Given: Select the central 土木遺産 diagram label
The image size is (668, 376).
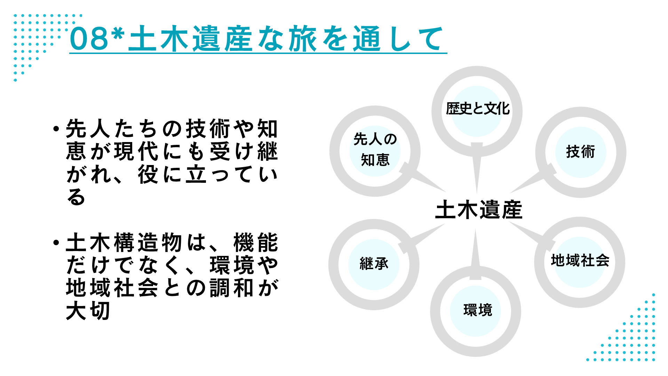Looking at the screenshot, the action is point(478,210).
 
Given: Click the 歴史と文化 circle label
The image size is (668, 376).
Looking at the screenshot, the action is point(478,109).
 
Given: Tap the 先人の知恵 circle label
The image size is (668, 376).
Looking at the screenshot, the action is point(375,149).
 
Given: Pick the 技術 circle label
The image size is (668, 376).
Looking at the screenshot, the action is point(580,152).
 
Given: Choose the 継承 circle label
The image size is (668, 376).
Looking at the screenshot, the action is point(374,264).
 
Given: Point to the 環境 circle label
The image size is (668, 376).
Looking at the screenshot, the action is point(478,310).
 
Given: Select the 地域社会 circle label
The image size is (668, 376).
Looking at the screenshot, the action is point(580,260).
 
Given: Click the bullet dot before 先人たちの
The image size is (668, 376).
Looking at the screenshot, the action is point(56,129).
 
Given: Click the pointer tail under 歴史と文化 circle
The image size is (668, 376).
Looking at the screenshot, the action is point(477,167).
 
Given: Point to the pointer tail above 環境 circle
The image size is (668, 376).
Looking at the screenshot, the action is point(475,254).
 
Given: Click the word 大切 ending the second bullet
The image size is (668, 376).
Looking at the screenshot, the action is point(88,311).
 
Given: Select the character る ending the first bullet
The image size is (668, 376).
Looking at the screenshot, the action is point(76,197).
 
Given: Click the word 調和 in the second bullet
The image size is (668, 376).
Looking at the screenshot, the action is point(232,288).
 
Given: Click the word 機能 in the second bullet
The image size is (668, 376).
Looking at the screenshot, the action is point(256,243).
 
